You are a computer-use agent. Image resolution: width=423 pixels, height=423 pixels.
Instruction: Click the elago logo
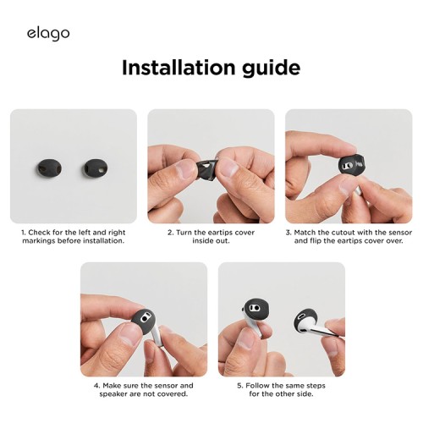47,33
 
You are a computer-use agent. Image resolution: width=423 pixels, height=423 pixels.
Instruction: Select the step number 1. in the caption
25,232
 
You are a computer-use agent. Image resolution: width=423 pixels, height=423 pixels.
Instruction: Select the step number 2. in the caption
170,232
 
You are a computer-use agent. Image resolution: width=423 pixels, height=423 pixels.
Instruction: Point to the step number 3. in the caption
288,232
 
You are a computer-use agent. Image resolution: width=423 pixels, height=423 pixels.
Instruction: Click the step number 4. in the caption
96,385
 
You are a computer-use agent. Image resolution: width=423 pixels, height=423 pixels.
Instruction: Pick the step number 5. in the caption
238,385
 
